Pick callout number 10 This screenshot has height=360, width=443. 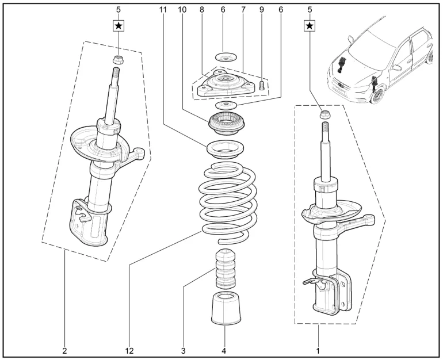(x=182, y=9)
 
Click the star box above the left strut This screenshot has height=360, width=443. (x=119, y=25)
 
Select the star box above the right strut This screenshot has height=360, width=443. (x=310, y=25)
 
